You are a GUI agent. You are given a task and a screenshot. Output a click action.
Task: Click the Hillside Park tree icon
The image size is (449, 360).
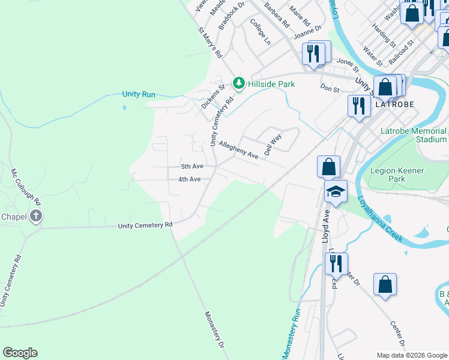(x=238, y=83)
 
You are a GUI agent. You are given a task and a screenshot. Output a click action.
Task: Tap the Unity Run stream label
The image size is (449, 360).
(x=139, y=94)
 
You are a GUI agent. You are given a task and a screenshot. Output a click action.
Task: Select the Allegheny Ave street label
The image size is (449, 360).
(x=238, y=150)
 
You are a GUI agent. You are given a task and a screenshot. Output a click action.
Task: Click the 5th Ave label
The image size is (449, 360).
(x=192, y=166)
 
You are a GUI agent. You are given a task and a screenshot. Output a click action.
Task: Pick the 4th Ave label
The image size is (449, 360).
(x=189, y=179)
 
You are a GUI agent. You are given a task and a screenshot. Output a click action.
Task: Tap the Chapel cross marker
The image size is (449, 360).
(x=36, y=216)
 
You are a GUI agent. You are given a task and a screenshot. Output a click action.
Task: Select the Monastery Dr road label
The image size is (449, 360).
(x=214, y=329)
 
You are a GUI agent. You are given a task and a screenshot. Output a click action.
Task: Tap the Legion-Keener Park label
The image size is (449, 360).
(x=397, y=175)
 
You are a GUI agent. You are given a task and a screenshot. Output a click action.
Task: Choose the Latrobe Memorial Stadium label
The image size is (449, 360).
(x=414, y=135)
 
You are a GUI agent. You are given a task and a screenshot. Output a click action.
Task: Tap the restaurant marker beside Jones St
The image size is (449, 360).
(x=313, y=53)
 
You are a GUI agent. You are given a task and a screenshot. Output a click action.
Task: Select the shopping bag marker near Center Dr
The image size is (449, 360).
(x=385, y=285)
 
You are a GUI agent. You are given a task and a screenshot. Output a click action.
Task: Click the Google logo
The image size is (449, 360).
(x=20, y=353)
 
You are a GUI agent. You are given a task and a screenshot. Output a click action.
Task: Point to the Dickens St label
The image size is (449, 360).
(x=212, y=96)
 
